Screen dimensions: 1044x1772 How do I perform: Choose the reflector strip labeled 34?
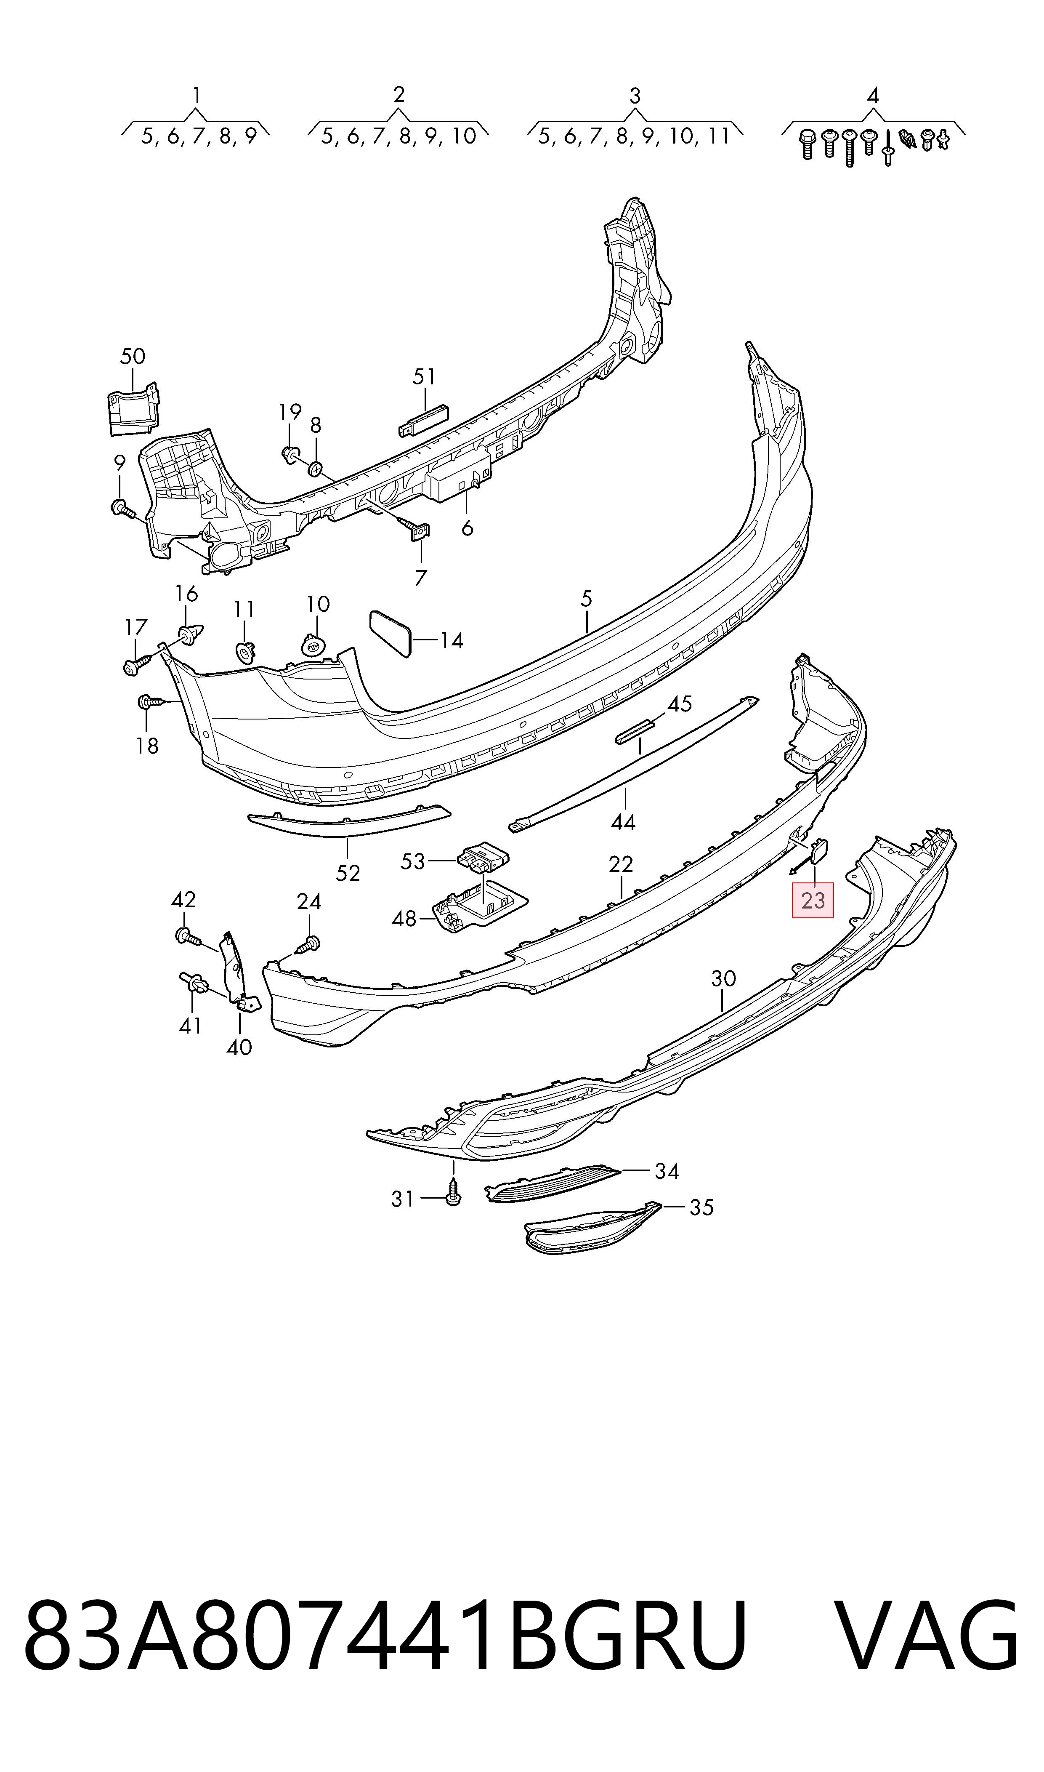click(552, 1183)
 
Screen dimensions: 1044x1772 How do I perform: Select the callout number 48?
click(404, 918)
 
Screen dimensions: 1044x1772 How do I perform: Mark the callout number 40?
click(239, 1047)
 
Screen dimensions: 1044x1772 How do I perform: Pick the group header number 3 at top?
click(635, 96)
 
